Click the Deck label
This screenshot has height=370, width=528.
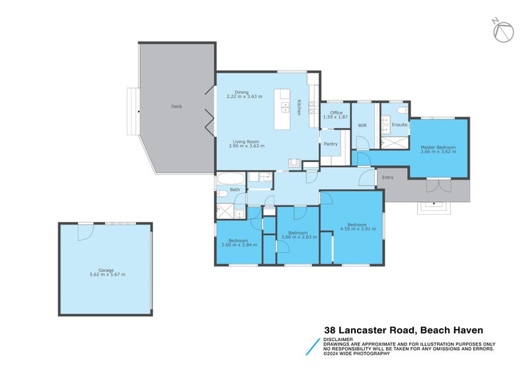(x=176, y=106)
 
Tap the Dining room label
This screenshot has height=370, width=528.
(x=242, y=92)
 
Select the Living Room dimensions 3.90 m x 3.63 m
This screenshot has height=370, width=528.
(x=246, y=146)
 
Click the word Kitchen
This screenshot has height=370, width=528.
(x=298, y=108)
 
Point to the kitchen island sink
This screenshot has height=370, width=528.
(x=285, y=108)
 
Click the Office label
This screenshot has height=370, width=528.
(x=336, y=113)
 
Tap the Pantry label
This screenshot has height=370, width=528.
(x=331, y=143)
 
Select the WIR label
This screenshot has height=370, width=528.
(x=362, y=124)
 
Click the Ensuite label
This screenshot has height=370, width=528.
(x=399, y=124)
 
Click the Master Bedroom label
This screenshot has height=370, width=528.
(x=439, y=147)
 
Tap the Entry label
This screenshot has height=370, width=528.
(x=387, y=177)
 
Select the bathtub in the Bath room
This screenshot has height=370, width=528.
(x=231, y=178)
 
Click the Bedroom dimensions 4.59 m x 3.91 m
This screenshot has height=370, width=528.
(x=358, y=229)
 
